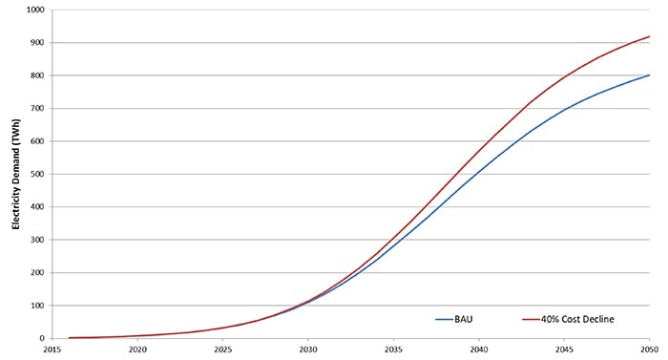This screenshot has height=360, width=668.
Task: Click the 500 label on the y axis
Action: tap(37, 174)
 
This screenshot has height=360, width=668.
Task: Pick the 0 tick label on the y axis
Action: tap(42, 338)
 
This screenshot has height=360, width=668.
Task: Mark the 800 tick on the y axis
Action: tap(37, 75)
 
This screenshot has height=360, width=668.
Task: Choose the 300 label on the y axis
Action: tap(37, 240)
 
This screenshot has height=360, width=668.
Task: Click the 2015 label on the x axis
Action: tap(52, 349)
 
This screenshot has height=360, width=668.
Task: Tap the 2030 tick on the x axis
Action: tap(308, 349)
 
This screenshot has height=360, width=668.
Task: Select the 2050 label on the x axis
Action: tap(649, 349)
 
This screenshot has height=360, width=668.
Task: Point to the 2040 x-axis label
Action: tap(479, 349)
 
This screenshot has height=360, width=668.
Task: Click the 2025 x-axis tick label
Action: tap(222, 349)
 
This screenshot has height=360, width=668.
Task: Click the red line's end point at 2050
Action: tap(649, 36)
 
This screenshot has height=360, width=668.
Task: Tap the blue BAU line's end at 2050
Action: tap(649, 74)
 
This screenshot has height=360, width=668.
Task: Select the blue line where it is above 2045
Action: tap(564, 110)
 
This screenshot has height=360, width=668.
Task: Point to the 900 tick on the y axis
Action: tap(37, 42)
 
